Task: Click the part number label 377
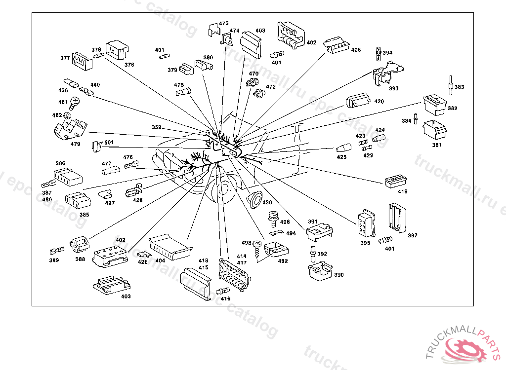(x=65, y=58)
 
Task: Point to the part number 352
(x=156, y=127)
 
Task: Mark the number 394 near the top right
(x=387, y=53)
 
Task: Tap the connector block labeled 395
(x=365, y=224)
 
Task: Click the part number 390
(x=338, y=275)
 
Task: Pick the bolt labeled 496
(x=271, y=217)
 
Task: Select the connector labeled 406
(x=337, y=45)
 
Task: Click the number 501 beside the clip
(x=109, y=143)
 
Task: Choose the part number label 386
(x=60, y=163)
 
